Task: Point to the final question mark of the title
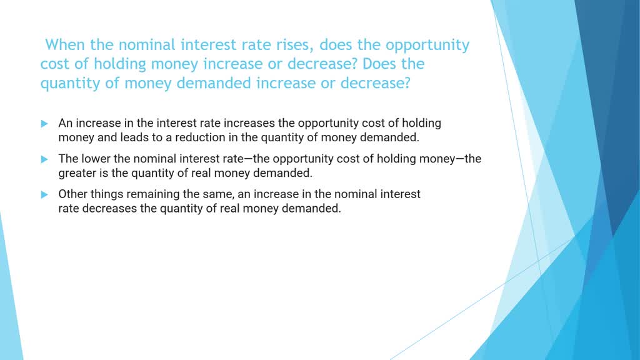tap(407, 83)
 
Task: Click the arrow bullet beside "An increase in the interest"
tap(44, 124)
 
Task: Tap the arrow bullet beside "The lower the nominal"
tap(44, 159)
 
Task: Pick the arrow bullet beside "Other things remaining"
tap(44, 194)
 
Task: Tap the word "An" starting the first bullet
tap(65, 123)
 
